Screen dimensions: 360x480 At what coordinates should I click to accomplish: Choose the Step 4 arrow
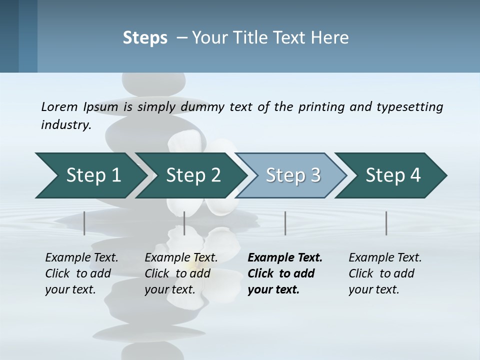click(392, 175)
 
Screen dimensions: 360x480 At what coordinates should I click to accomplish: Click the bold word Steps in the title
click(145, 38)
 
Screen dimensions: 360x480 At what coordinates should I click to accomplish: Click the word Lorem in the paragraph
click(59, 106)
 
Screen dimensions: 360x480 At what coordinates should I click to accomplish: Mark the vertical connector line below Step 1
click(84, 223)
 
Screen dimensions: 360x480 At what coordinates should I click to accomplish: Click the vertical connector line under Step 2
click(184, 223)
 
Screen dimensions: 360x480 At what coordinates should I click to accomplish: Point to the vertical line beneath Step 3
click(285, 223)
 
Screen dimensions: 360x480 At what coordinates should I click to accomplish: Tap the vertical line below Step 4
click(386, 223)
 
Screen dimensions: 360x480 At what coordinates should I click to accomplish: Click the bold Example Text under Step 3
click(285, 257)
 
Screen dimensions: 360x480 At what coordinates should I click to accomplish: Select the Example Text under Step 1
click(81, 257)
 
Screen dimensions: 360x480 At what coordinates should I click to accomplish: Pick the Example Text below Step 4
click(385, 257)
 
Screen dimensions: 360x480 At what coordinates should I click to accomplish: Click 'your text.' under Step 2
click(170, 289)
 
